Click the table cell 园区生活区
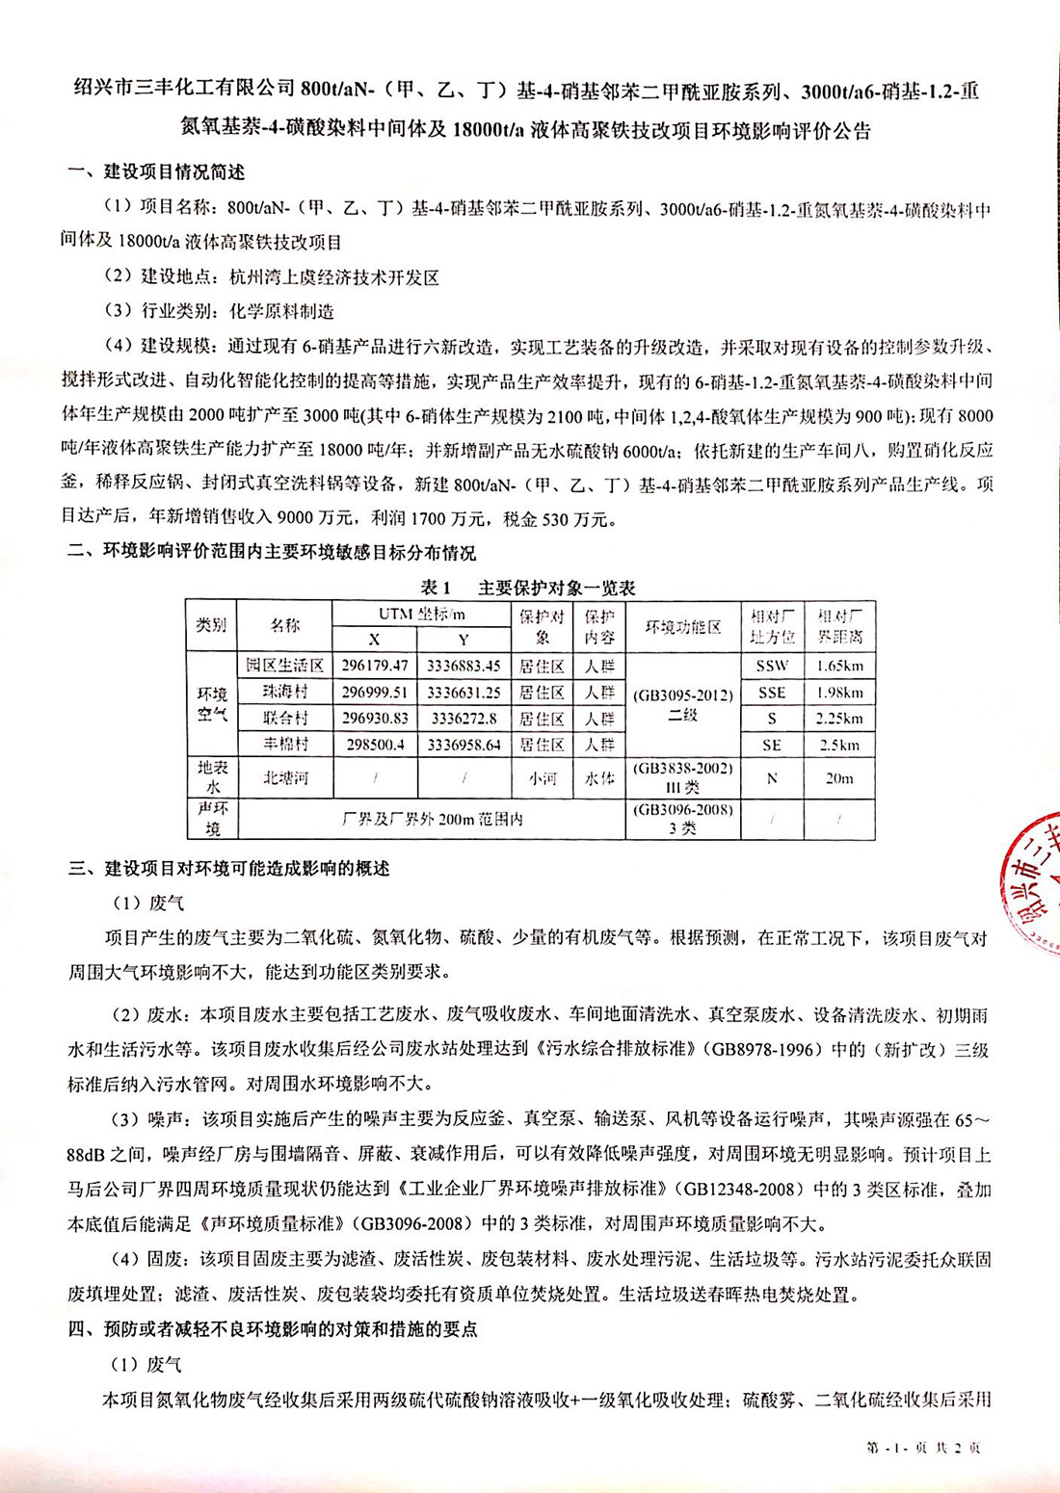(x=284, y=666)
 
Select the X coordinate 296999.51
(x=374, y=693)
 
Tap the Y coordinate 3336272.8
(x=464, y=719)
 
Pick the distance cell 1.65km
(x=838, y=666)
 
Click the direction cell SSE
(x=772, y=693)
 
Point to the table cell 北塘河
(x=284, y=778)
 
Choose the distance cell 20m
(x=838, y=778)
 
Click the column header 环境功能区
(x=682, y=627)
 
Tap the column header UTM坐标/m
(x=421, y=615)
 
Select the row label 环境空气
(x=212, y=704)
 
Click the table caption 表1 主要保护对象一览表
(x=528, y=588)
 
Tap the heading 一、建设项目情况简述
(x=156, y=172)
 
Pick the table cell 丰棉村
(x=284, y=745)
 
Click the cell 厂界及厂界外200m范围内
(x=432, y=820)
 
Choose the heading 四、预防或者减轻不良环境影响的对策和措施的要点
(x=273, y=1330)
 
